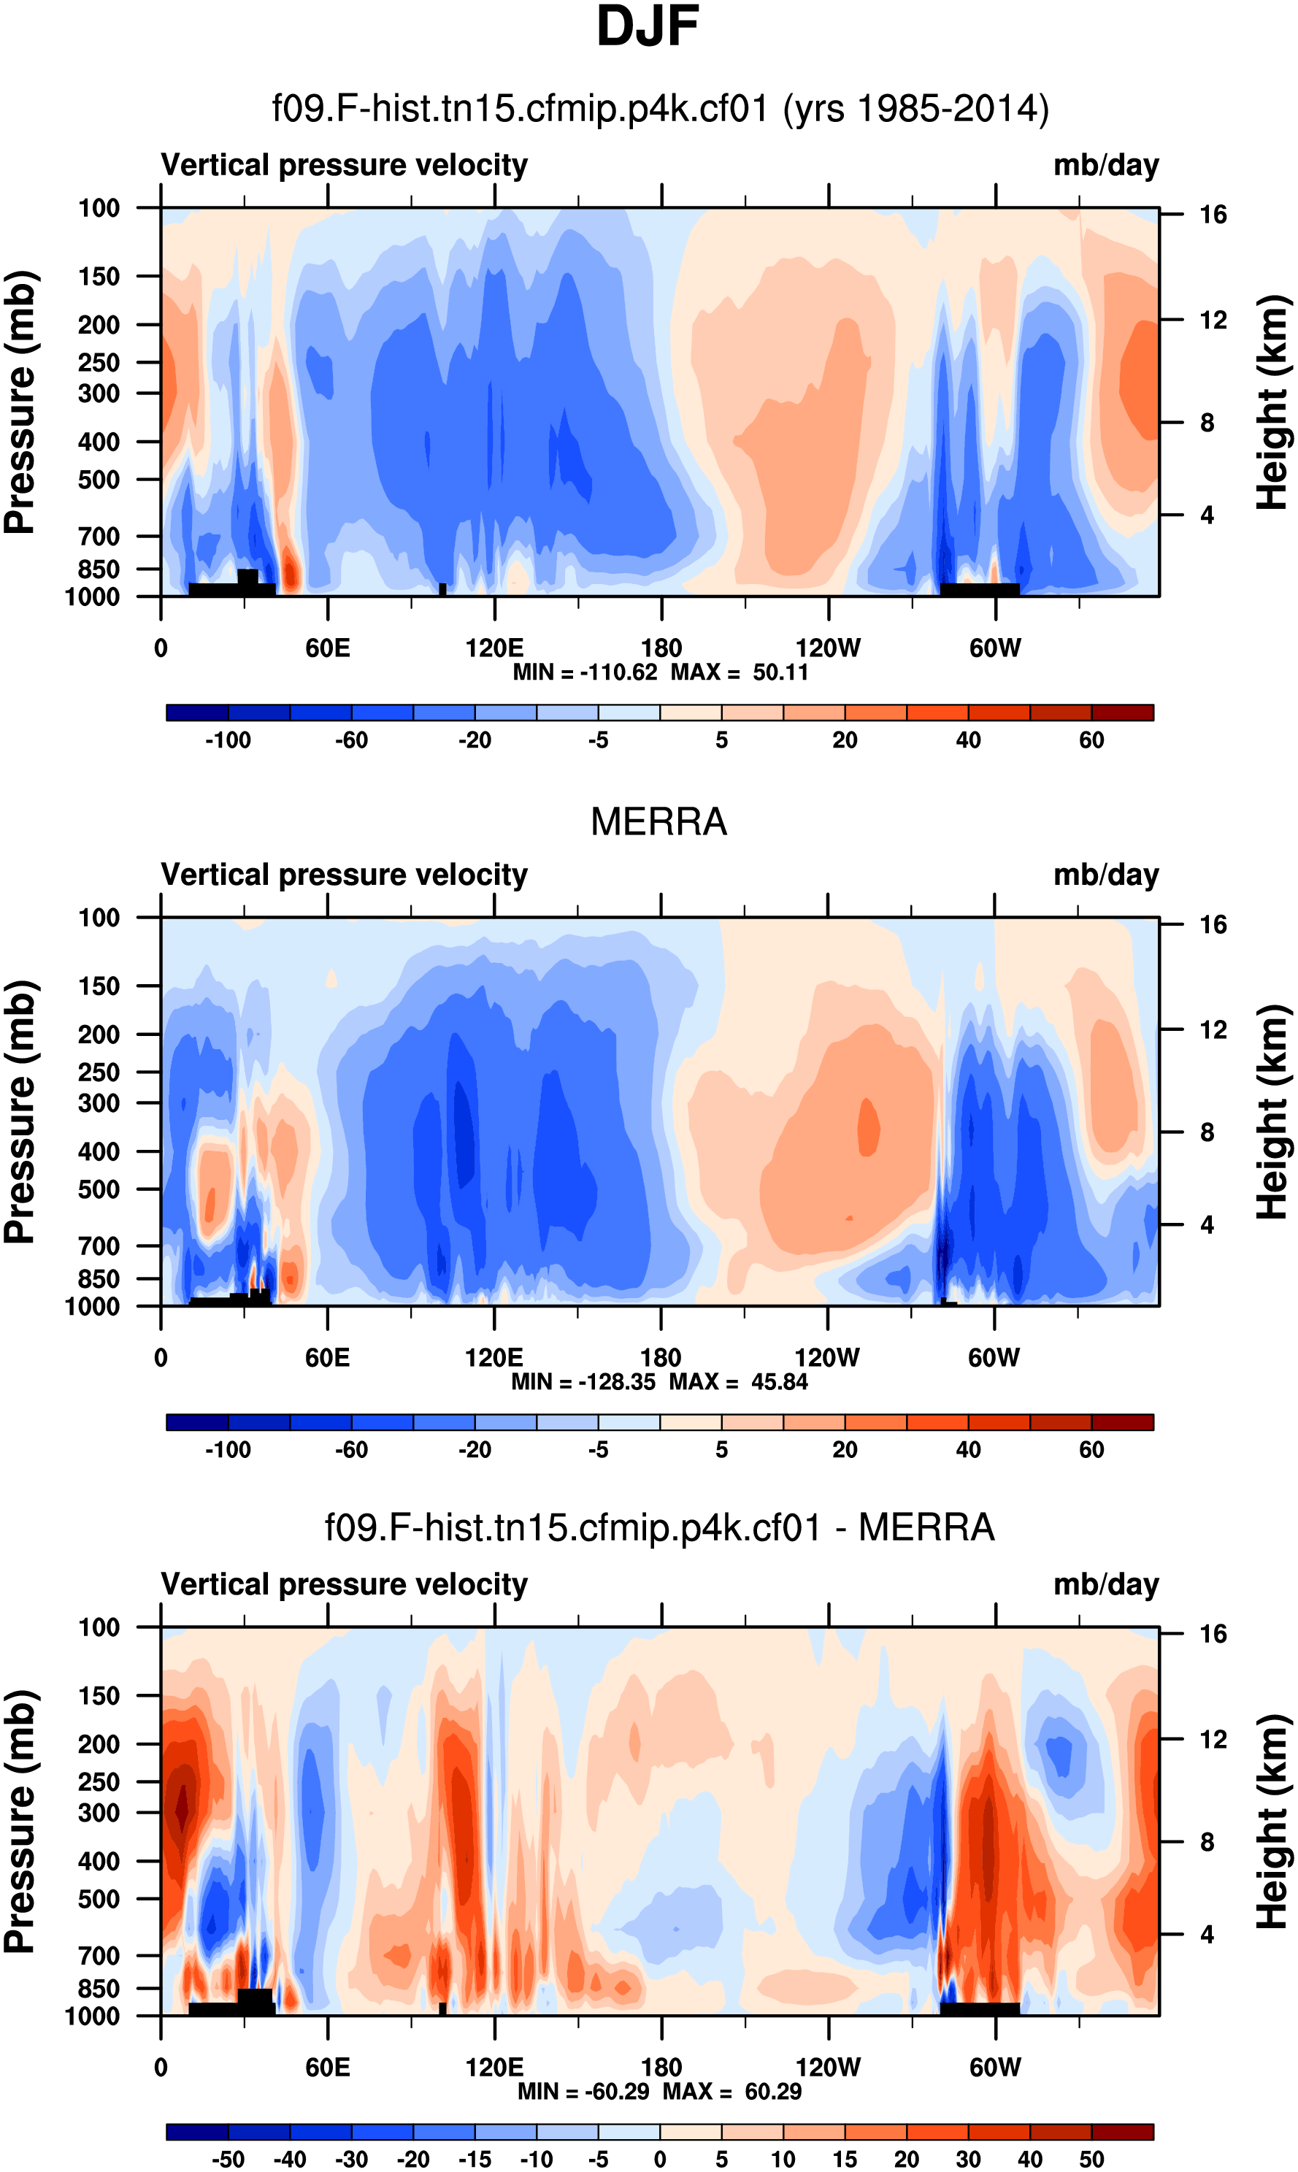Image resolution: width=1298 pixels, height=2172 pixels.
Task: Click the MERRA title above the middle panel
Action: [658, 822]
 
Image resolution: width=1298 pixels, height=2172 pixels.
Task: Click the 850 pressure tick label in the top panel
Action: [98, 569]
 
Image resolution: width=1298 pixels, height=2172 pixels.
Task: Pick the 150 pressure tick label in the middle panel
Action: [98, 986]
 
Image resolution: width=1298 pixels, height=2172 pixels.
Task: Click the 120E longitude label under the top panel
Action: [494, 648]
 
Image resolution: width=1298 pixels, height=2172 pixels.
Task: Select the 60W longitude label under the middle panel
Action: [994, 1358]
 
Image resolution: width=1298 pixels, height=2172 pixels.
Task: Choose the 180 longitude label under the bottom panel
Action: [661, 2067]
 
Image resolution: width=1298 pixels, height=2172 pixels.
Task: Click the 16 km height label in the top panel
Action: [1213, 215]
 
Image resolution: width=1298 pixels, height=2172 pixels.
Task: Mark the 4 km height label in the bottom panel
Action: [1207, 1934]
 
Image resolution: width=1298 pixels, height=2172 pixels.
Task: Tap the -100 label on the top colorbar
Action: [228, 740]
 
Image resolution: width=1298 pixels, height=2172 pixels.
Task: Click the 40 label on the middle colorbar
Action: [968, 1449]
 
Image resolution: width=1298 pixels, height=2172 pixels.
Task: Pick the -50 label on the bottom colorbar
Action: [228, 2159]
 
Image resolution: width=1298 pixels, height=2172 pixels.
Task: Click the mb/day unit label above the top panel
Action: [1105, 165]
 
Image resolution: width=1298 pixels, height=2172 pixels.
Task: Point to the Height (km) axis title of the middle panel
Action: [1272, 1112]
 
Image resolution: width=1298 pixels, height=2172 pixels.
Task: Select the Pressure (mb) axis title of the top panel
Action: [19, 402]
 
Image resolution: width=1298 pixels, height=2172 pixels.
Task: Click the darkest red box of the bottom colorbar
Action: [1122, 2132]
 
